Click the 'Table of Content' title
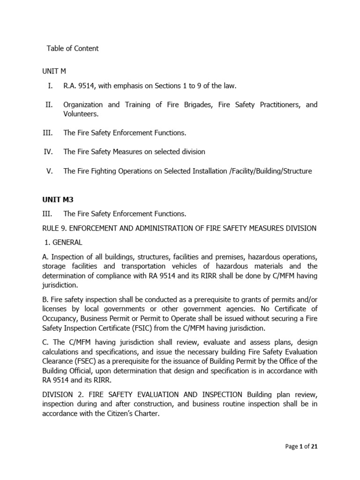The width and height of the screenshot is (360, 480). pyautogui.click(x=73, y=49)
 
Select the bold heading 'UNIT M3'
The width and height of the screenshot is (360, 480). pyautogui.click(x=58, y=199)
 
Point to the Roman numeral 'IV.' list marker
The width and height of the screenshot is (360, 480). pyautogui.click(x=49, y=152)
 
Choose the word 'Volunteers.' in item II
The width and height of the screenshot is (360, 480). pyautogui.click(x=81, y=113)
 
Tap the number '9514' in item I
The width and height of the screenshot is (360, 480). pyautogui.click(x=85, y=86)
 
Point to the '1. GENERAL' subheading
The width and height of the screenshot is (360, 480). pyautogui.click(x=63, y=242)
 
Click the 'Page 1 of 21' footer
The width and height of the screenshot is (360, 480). pyautogui.click(x=301, y=447)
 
